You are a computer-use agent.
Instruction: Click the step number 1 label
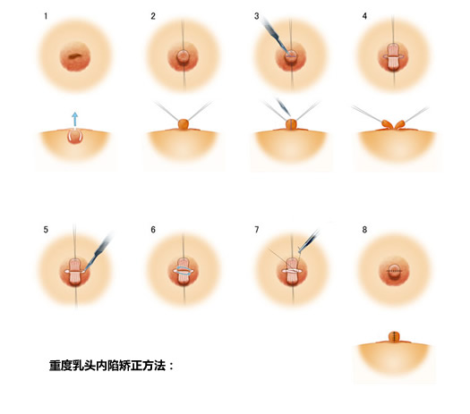pos(45,16)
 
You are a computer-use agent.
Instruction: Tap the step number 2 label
pos(153,16)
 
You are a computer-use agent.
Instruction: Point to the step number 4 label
pos(364,16)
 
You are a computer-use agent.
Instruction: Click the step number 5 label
pos(46,230)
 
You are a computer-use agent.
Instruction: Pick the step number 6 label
pos(153,230)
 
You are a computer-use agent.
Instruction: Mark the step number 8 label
pos(364,230)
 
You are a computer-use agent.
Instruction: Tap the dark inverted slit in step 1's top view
pos(75,60)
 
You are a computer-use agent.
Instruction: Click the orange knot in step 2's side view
pos(184,123)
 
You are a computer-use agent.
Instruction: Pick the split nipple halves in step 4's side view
pos(394,124)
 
